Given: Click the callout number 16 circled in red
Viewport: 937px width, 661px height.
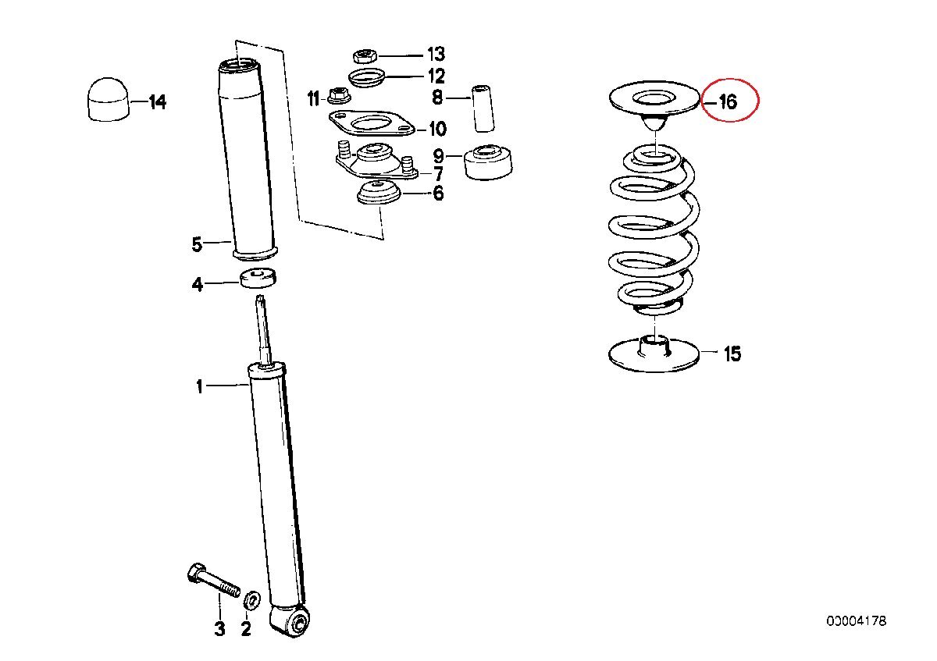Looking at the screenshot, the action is [728, 101].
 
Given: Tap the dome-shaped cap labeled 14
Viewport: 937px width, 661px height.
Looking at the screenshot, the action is [109, 100].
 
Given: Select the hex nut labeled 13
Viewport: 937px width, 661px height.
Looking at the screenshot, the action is [365, 55].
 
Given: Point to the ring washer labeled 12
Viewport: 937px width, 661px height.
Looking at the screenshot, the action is [366, 77].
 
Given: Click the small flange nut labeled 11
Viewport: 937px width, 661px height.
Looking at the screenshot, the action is [337, 96].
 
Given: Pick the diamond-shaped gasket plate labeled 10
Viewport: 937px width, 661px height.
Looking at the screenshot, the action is [372, 123].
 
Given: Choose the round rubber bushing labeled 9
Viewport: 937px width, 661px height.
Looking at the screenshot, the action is [488, 162].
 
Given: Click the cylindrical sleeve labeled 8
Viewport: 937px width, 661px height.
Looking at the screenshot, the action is [483, 108].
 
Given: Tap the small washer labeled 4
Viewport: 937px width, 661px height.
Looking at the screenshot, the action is [258, 279].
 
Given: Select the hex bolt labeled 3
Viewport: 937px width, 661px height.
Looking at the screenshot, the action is [212, 581].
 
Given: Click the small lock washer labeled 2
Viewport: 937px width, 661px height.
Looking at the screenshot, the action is [251, 601].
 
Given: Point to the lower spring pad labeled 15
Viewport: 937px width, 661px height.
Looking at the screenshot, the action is [654, 354].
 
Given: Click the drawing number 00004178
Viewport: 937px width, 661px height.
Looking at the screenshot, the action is [857, 621].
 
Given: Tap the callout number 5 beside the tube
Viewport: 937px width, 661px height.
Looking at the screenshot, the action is [197, 244].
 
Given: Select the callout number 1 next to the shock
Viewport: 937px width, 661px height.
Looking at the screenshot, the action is [200, 387].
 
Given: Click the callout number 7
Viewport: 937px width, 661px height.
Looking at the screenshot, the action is [438, 174].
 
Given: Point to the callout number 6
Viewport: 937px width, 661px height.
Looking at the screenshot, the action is [438, 194].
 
